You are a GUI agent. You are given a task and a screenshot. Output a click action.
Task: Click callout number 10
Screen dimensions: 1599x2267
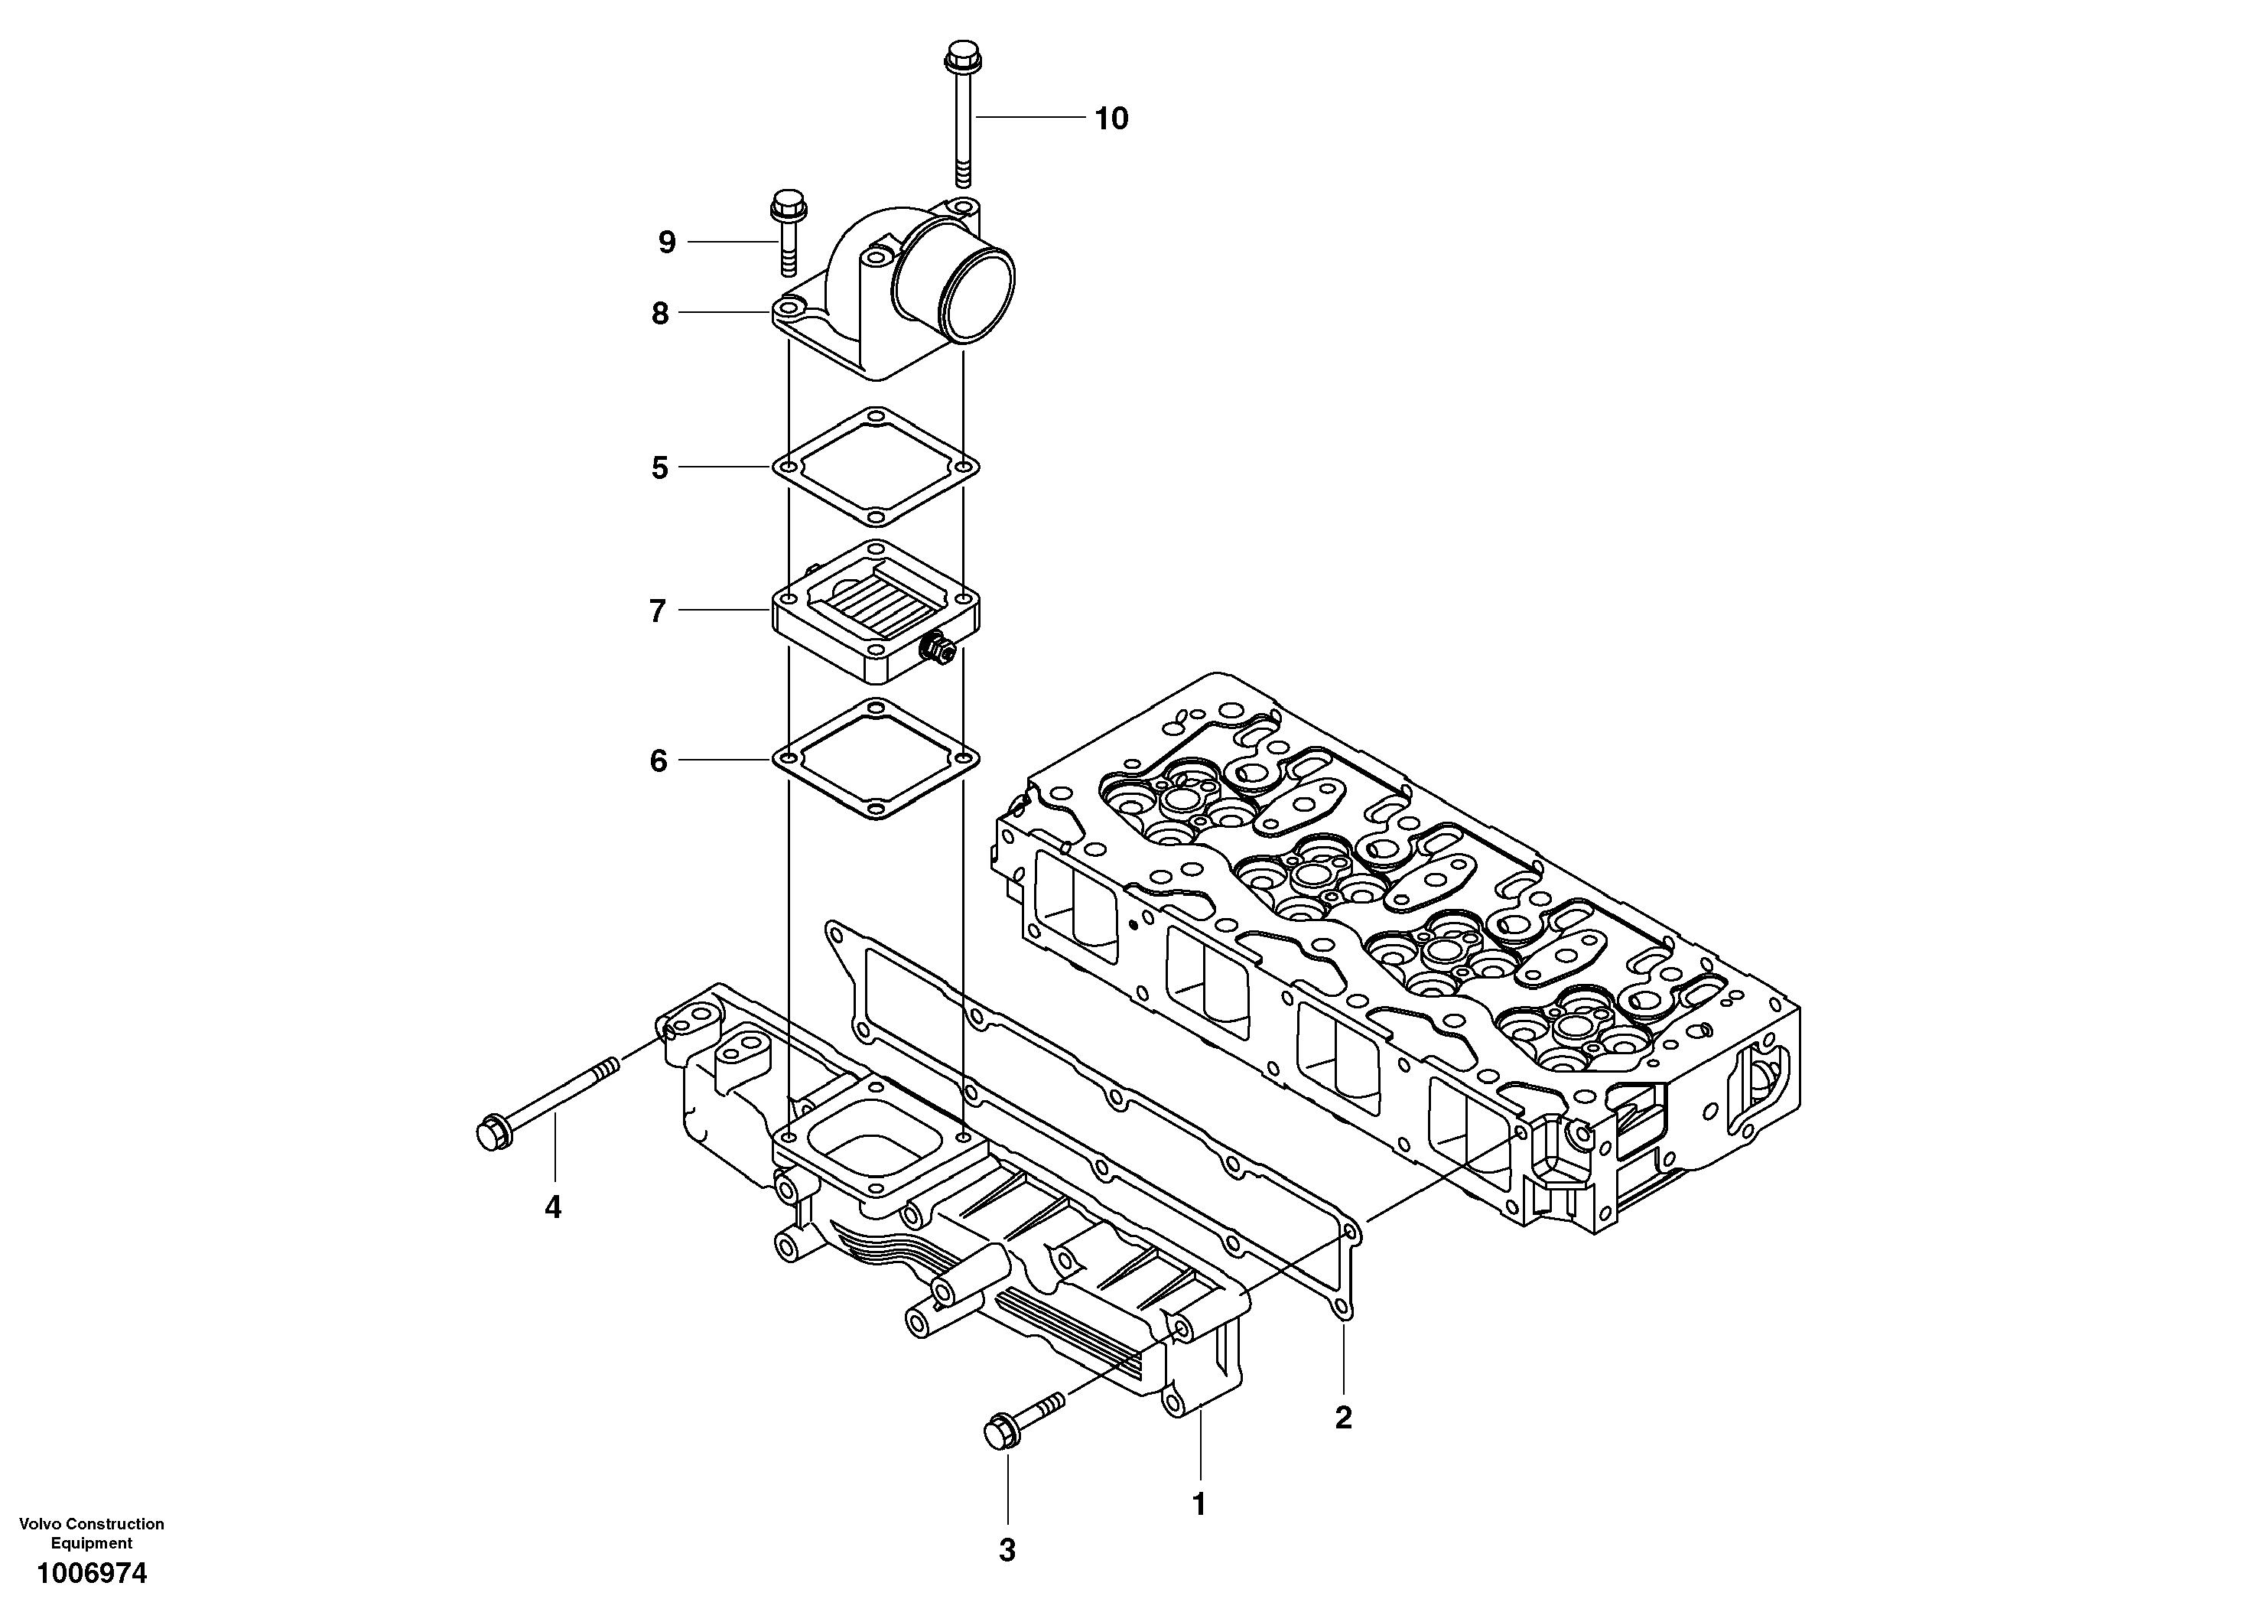pos(1112,119)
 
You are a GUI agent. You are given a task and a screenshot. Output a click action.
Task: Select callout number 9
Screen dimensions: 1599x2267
pos(668,242)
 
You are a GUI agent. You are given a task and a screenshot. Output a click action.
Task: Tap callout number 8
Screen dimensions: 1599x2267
pos(661,314)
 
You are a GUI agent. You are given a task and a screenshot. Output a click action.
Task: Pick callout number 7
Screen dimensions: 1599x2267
pos(659,611)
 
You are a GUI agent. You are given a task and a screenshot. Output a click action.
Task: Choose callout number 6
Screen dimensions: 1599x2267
pos(659,760)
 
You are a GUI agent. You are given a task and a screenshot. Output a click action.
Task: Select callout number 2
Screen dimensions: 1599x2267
pos(1343,1418)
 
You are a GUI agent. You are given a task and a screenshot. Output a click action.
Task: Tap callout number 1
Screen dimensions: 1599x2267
pos(1199,1504)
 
